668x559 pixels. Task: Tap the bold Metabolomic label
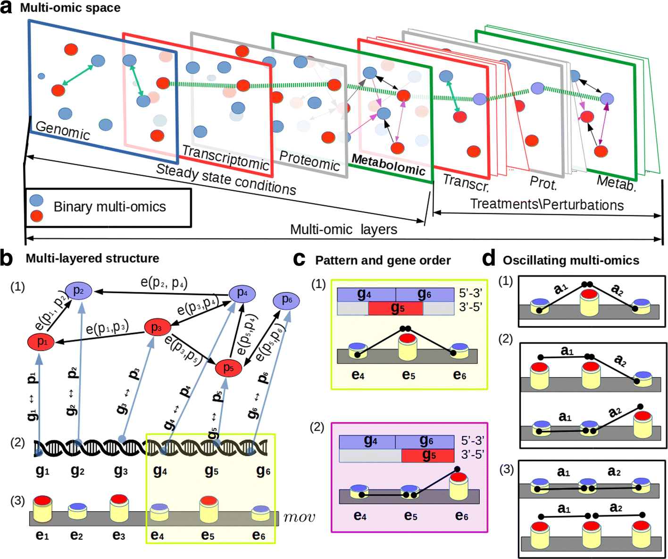[388, 165]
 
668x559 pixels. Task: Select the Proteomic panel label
[309, 161]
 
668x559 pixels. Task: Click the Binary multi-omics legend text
[109, 207]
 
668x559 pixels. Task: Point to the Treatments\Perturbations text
[547, 205]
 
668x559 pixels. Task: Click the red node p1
[42, 342]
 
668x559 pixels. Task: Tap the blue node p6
[287, 300]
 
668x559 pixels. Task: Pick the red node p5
[228, 368]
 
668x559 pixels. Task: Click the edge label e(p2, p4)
[164, 282]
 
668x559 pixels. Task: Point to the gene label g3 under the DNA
[121, 471]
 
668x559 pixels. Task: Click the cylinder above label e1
[42, 509]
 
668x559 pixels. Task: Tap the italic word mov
[299, 517]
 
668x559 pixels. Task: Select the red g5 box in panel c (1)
[395, 308]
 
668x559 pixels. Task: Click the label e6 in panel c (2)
[461, 516]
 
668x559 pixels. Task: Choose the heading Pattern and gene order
[383, 261]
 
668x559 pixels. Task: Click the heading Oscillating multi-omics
[571, 261]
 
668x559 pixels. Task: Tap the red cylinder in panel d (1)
[589, 302]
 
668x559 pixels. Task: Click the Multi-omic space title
[70, 8]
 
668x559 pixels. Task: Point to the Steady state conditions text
[226, 179]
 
